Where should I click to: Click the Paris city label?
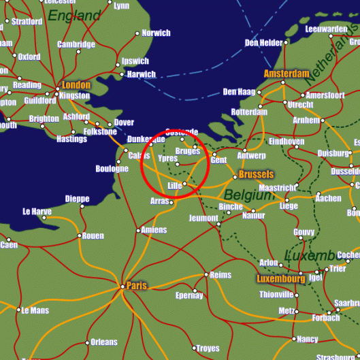pos(137,285)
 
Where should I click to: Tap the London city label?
pos(76,85)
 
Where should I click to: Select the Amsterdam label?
pos(287,73)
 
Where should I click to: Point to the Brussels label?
pos(257,175)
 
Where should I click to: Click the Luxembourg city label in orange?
pos(280,279)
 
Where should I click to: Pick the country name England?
pos(74,16)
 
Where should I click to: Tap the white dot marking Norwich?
pos(137,33)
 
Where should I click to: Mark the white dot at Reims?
pos(206,275)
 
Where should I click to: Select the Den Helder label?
pos(263,43)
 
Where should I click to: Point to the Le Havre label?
pos(37,211)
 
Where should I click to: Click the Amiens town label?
pos(154,230)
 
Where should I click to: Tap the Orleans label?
pos(104,342)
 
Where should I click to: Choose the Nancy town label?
pos(308,339)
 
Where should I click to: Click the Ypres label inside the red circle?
pos(167,158)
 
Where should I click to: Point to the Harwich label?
pos(142,74)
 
